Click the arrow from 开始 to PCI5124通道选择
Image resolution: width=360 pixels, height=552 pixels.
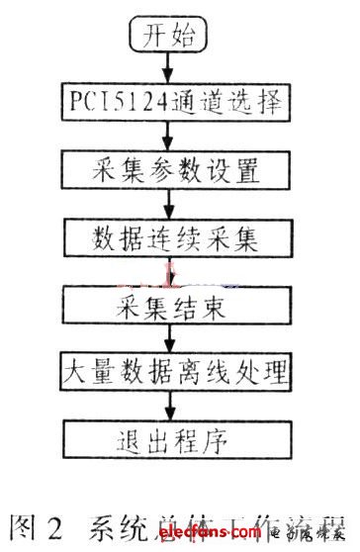[x=169, y=69]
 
